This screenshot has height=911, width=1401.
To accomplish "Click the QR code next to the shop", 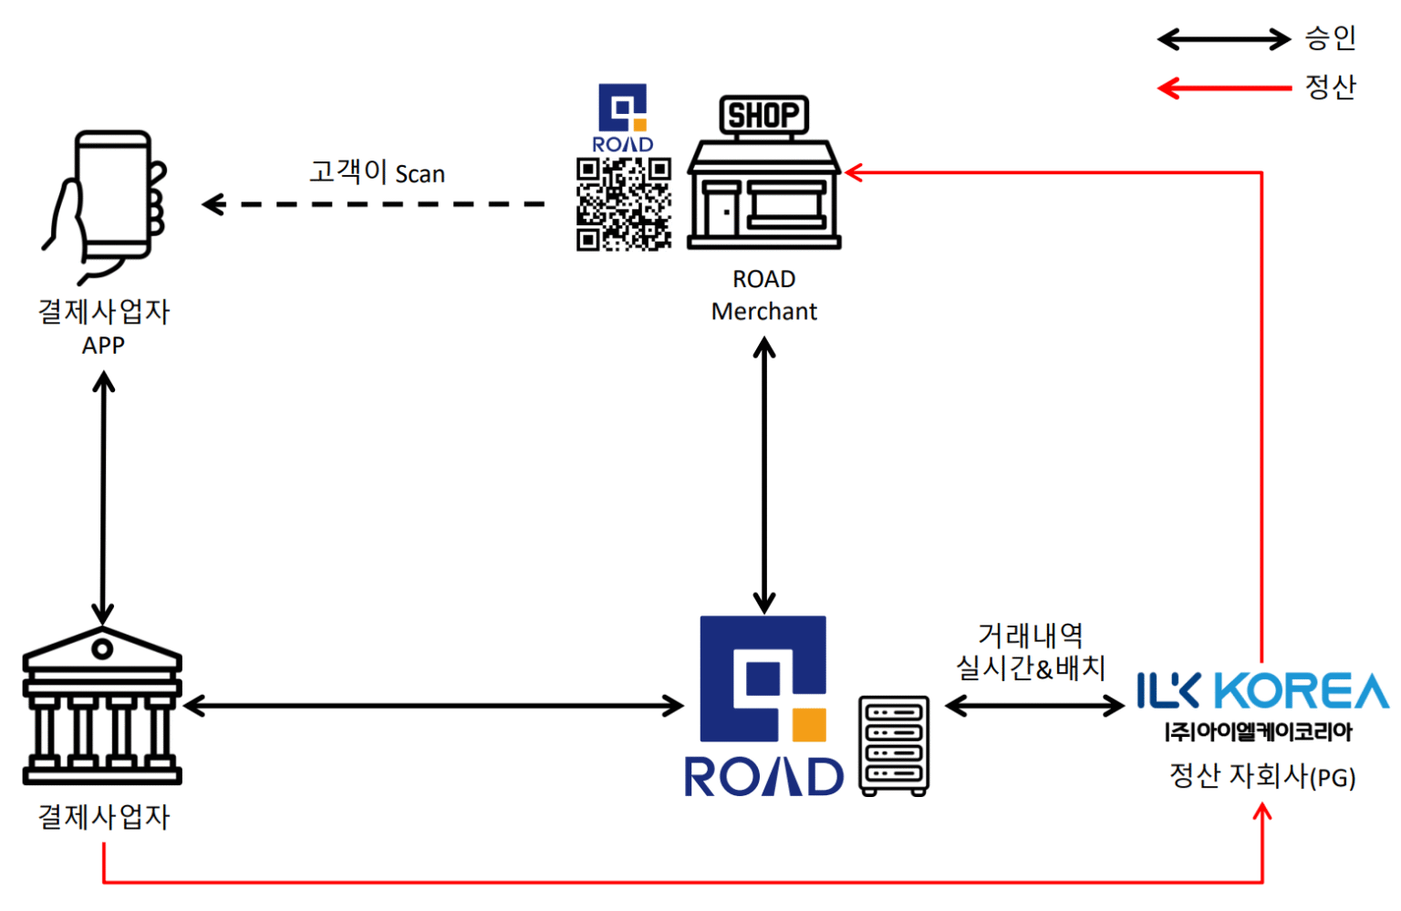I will click(x=624, y=204).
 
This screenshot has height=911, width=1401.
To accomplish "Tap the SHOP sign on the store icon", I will click(x=763, y=115).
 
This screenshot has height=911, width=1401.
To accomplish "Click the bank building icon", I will click(x=102, y=707).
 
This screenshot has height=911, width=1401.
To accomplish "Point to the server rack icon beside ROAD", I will click(x=894, y=746).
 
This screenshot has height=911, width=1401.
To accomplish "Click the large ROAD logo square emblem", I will click(x=763, y=678).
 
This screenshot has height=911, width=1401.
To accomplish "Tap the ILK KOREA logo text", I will click(x=1261, y=691).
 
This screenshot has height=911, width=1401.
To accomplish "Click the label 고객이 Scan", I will click(x=377, y=172).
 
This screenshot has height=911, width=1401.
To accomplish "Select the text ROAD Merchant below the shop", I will click(x=764, y=295).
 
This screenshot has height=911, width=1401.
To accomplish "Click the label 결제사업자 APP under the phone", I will click(x=103, y=327).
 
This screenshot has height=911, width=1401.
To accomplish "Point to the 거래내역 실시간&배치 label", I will click(x=1031, y=652).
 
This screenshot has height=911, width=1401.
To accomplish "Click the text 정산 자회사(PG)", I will click(x=1262, y=776).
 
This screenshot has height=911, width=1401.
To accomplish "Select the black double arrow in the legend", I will click(x=1223, y=39).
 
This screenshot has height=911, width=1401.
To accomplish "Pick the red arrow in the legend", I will click(x=1223, y=88).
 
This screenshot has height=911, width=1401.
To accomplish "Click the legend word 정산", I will click(x=1330, y=88).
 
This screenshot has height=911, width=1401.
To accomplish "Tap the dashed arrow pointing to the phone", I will click(x=374, y=204).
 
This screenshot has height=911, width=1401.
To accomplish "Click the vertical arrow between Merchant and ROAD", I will click(x=764, y=474).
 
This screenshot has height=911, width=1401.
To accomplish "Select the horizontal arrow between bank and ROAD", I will click(x=433, y=705).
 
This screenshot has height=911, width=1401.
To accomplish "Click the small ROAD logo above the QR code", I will click(x=623, y=118).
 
